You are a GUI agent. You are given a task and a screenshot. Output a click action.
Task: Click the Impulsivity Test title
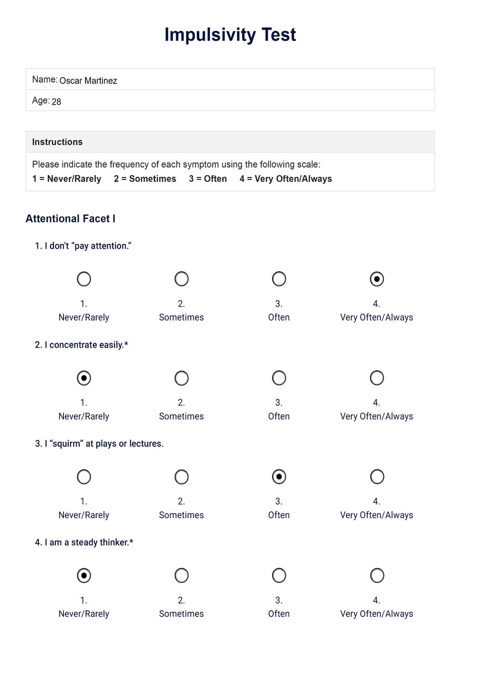(x=230, y=35)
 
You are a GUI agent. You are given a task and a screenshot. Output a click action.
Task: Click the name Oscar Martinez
(x=88, y=81)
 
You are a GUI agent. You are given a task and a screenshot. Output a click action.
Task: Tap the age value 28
(x=56, y=101)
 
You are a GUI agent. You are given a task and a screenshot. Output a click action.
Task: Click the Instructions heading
(x=57, y=142)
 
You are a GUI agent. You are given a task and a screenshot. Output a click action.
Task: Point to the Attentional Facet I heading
(x=70, y=219)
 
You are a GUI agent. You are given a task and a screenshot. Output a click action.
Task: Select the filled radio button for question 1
(x=377, y=279)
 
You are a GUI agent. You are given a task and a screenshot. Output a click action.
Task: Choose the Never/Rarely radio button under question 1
(x=84, y=279)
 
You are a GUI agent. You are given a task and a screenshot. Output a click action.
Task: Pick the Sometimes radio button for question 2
(x=182, y=378)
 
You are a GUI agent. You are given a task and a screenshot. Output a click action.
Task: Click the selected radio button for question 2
(x=84, y=378)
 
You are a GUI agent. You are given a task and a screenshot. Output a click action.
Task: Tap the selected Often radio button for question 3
(x=279, y=477)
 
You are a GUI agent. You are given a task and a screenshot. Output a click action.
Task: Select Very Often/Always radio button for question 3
(x=377, y=477)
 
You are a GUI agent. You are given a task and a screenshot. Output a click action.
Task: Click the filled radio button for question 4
(x=84, y=576)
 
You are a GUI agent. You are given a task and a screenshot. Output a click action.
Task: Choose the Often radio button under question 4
(x=279, y=576)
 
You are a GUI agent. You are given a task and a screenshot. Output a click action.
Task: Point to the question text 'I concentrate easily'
(x=86, y=345)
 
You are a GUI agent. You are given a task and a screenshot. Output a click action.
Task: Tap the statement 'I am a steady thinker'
(x=88, y=543)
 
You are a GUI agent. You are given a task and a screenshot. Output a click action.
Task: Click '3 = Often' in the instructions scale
(x=208, y=179)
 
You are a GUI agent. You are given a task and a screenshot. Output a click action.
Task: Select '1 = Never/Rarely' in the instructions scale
(x=67, y=179)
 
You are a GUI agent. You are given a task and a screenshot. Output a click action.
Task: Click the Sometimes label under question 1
(x=181, y=317)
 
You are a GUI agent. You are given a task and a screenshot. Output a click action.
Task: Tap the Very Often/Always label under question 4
(x=376, y=614)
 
